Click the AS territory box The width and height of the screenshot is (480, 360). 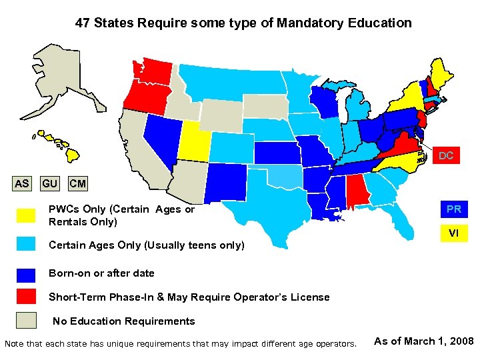coord(22,183)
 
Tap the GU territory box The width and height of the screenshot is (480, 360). coord(49,183)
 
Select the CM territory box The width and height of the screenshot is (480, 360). coord(77,183)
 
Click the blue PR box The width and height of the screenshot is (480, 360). coord(453,209)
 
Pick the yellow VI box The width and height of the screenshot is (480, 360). coord(453,233)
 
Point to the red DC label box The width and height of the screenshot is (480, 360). coord(446,156)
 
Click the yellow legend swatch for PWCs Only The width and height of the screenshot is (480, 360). coord(26,215)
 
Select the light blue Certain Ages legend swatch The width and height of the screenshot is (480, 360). coord(26,245)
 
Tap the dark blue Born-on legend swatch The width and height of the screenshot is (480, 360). coord(26,273)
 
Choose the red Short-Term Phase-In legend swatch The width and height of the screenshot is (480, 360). coord(26,297)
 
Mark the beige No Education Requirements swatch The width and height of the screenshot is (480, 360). coord(26,321)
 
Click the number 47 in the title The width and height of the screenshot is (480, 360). coord(83,23)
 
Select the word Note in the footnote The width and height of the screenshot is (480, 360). coord(14,344)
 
